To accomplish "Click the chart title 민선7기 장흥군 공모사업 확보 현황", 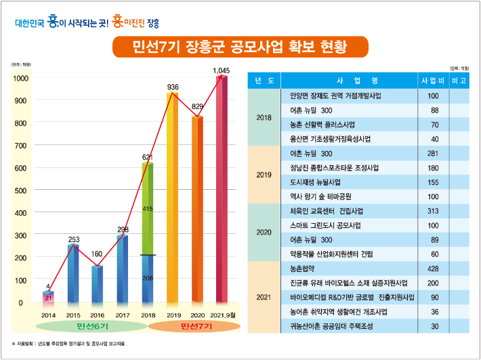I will (x=240, y=47).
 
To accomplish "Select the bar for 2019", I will (x=173, y=203).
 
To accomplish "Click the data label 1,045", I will (x=222, y=70).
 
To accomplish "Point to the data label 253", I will (x=74, y=239).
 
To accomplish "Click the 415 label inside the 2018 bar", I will (x=148, y=209).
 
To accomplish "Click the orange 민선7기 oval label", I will (x=197, y=327).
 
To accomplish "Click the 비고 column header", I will (x=458, y=81).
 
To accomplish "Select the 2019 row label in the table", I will (x=264, y=176).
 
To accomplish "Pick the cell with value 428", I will (x=433, y=268).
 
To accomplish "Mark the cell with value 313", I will (x=433, y=211).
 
